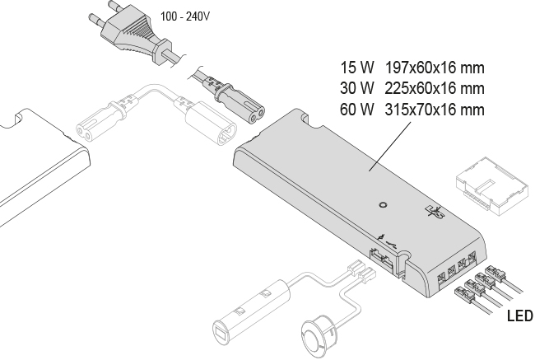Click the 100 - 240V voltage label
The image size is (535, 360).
coord(185,16)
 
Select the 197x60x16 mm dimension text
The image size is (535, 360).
coord(435,68)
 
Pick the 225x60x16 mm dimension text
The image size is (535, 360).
coord(435,88)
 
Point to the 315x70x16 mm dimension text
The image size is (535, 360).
coord(435,110)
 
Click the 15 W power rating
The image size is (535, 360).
coord(357,68)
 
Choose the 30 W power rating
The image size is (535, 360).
coord(357,88)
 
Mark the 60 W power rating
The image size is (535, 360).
coord(357,110)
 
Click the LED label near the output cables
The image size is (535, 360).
coord(520,316)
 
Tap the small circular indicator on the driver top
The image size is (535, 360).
coord(384,205)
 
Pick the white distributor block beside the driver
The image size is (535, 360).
coord(492,186)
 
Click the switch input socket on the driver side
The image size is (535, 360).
coord(382,259)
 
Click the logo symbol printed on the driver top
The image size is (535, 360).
coord(435,212)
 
